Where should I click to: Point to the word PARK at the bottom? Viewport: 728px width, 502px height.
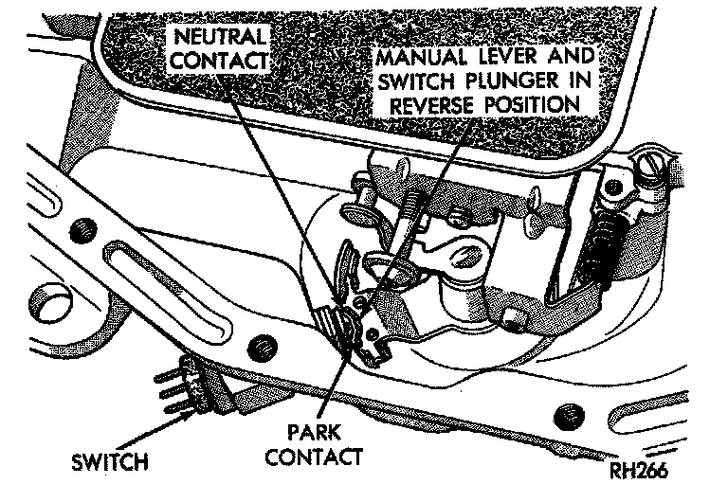point(313,436)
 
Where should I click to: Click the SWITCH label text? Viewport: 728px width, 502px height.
point(108,463)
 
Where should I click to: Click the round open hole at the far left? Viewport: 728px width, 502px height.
point(35,305)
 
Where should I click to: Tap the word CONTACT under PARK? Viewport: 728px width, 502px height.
point(313,458)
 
